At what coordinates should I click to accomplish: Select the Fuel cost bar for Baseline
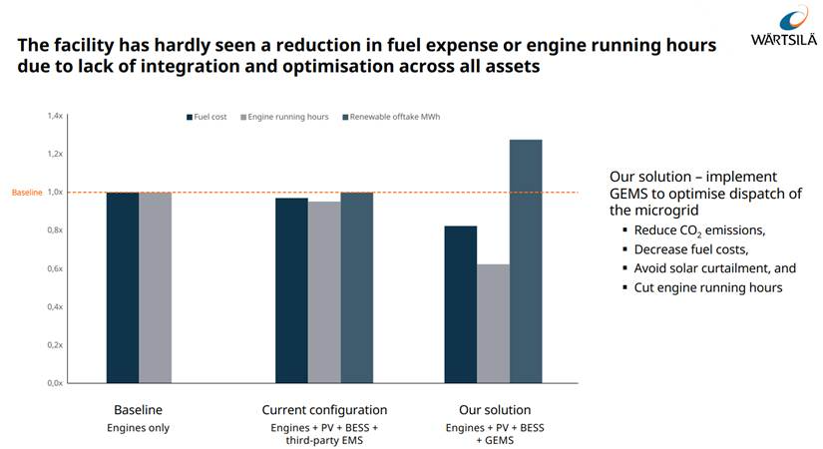click(x=123, y=287)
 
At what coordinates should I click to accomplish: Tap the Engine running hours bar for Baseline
click(x=155, y=287)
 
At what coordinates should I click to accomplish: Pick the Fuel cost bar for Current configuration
click(x=292, y=290)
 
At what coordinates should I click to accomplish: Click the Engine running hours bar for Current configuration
click(x=324, y=292)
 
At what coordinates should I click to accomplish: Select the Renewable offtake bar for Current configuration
click(x=356, y=287)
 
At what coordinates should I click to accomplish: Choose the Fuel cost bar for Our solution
click(x=461, y=304)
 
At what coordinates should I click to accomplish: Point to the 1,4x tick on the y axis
click(x=55, y=116)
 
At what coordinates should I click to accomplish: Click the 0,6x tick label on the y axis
click(x=55, y=268)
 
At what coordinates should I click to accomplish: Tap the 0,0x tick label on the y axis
click(x=55, y=383)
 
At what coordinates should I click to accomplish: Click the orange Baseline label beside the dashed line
click(x=27, y=193)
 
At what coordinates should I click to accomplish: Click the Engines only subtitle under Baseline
click(x=138, y=428)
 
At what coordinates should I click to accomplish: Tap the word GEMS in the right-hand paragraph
click(x=631, y=193)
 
